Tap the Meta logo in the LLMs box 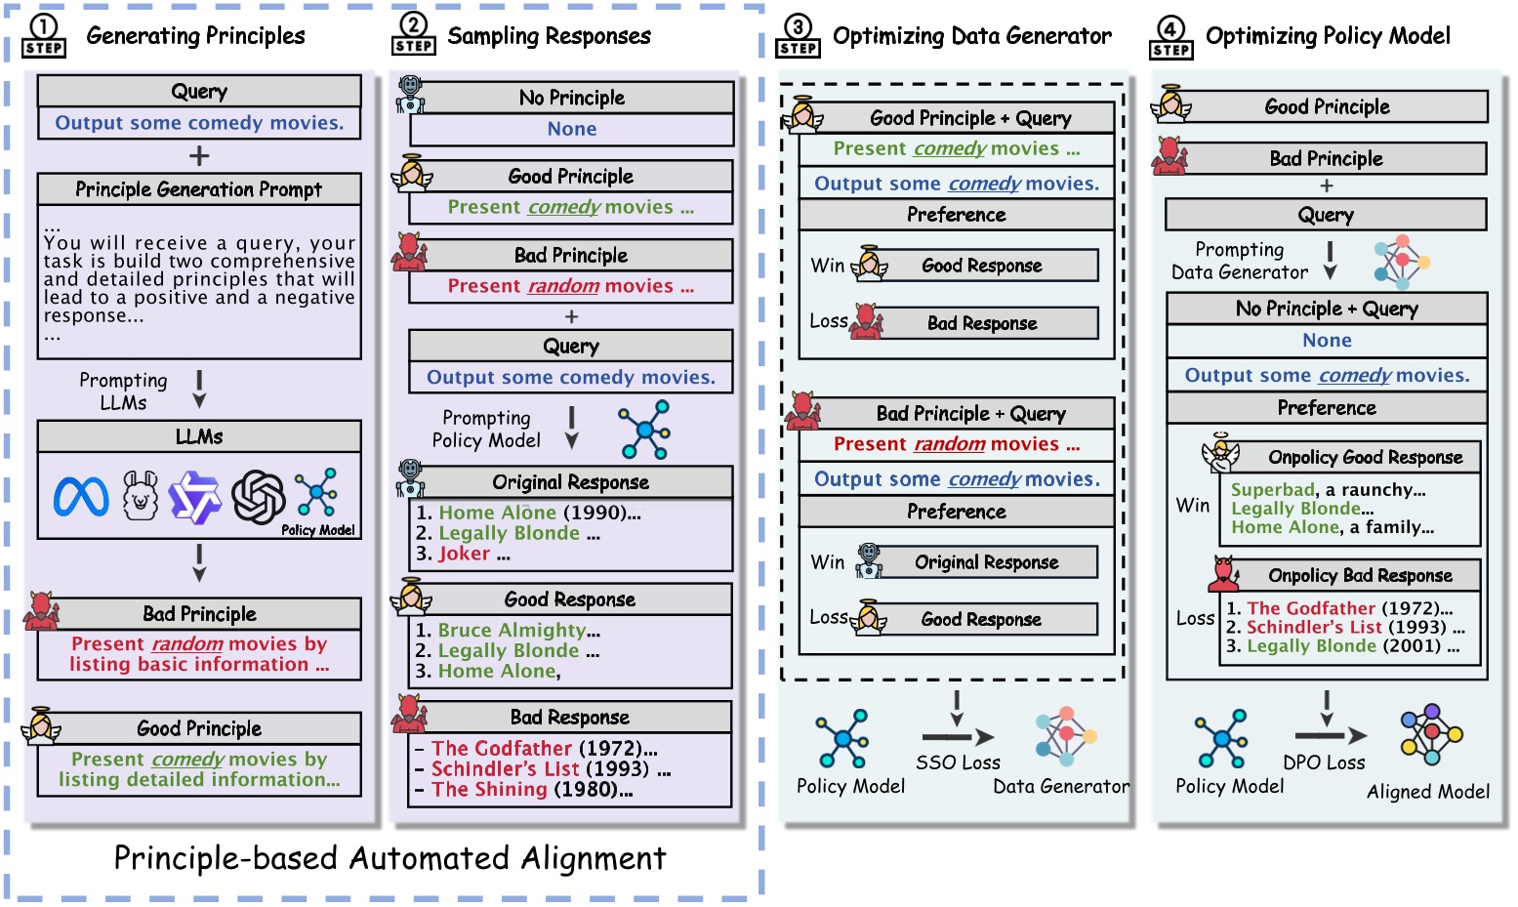coord(81,497)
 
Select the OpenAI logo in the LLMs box coord(259,497)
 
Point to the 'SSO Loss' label coord(958,763)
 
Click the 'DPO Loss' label coord(1324,763)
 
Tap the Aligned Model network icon coord(1431,734)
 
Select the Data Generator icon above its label coord(1065,736)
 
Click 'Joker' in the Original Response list coord(465,554)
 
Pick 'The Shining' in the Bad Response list coord(489,790)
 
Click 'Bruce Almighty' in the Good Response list coord(512,630)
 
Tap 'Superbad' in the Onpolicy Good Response coord(1272,490)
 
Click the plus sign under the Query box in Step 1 coord(199,156)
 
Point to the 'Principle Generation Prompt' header coord(199,189)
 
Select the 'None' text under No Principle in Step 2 coord(572,129)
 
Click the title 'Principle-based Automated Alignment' coord(390,858)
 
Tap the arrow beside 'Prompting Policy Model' coord(572,428)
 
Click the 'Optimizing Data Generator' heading coord(971,36)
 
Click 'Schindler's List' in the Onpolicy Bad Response coord(1314,627)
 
